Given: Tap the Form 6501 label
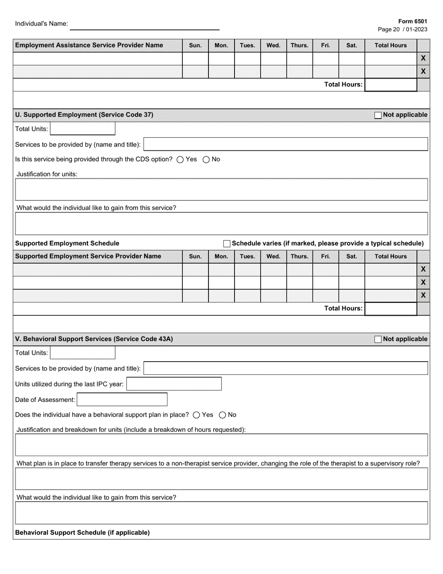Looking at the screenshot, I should coord(412,21).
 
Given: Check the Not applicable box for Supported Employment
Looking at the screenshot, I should coord(378,115).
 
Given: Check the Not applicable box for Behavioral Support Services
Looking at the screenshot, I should coord(378,339).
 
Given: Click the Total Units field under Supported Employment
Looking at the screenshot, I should coord(83,129).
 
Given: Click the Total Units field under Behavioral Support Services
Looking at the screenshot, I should coord(83,353).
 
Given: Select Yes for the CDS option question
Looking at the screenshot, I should coord(180,160).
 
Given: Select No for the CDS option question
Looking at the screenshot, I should coord(206,160).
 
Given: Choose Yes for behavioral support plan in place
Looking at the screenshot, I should coord(196,415).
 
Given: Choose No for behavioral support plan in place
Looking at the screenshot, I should coord(222,415).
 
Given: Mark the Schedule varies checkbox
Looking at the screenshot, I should coord(227,244).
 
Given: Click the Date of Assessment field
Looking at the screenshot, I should coord(122,399).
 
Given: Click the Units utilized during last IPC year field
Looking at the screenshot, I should coord(174,384).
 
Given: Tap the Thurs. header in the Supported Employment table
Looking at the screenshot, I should coord(299,257).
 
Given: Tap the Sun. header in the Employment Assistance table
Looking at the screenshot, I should coord(195,46).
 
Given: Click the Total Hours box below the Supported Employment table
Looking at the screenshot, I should coord(390,308).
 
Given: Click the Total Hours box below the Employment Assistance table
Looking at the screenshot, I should coord(390,84).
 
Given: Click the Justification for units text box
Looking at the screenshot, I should coord(221,189).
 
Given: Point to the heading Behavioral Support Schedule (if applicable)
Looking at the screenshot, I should coord(83,532).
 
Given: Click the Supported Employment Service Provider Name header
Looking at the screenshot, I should coord(88,257).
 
